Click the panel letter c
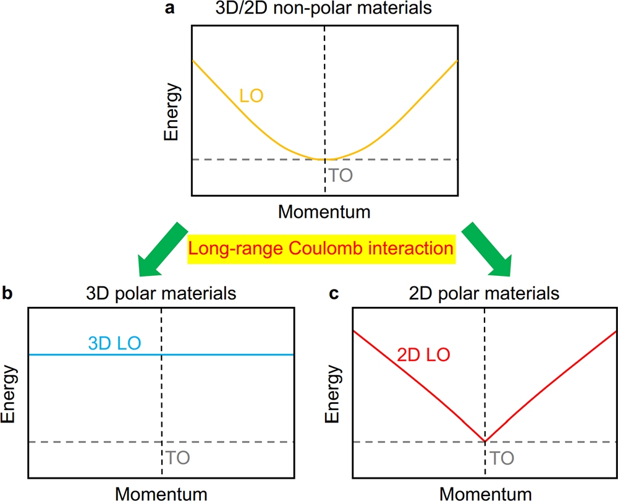click(334, 292)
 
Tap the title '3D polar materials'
click(161, 292)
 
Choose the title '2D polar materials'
click(485, 292)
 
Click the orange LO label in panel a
click(252, 96)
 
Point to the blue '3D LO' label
click(115, 343)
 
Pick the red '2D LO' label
click(423, 355)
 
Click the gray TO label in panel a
click(341, 175)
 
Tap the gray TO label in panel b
click(177, 458)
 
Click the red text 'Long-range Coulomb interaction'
click(322, 249)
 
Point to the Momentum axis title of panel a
click(324, 212)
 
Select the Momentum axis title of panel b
click(161, 494)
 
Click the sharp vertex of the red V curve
click(485, 442)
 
